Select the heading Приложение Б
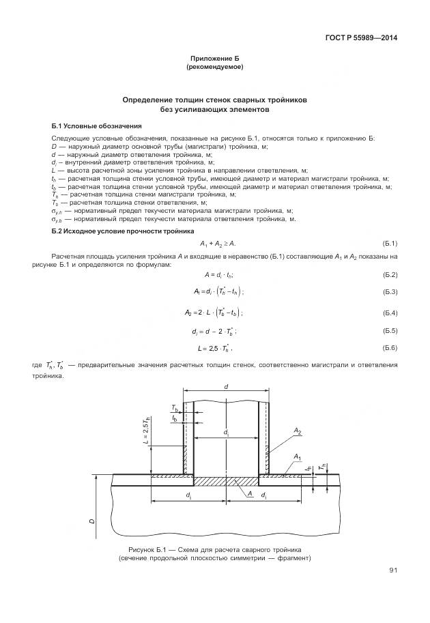[214, 60]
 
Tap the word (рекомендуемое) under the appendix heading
[214, 68]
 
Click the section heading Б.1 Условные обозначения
[96, 126]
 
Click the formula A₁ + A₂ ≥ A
[218, 244]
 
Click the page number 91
[393, 570]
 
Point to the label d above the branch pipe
[226, 387]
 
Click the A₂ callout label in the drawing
[298, 431]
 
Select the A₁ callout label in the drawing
[297, 456]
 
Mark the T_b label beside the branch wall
[175, 408]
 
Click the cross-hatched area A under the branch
[225, 482]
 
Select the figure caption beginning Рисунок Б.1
[214, 553]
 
